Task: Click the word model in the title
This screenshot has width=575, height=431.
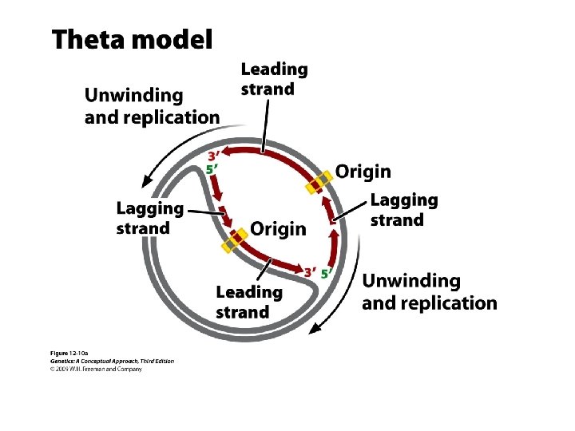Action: (x=172, y=39)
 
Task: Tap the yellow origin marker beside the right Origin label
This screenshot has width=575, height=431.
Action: (x=319, y=183)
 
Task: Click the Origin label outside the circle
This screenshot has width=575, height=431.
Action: (x=363, y=171)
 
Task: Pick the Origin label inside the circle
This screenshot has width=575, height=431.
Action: (x=278, y=229)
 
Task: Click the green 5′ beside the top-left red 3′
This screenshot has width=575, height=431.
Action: (x=212, y=169)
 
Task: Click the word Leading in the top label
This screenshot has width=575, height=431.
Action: (x=274, y=69)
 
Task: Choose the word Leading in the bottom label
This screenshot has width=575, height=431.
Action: (x=249, y=292)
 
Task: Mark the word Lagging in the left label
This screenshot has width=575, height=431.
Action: (x=150, y=208)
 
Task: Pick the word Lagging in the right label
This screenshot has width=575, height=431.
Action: (x=404, y=200)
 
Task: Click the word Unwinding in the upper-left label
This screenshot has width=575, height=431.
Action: (x=133, y=95)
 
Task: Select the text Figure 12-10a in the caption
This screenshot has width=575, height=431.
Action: (x=69, y=353)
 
